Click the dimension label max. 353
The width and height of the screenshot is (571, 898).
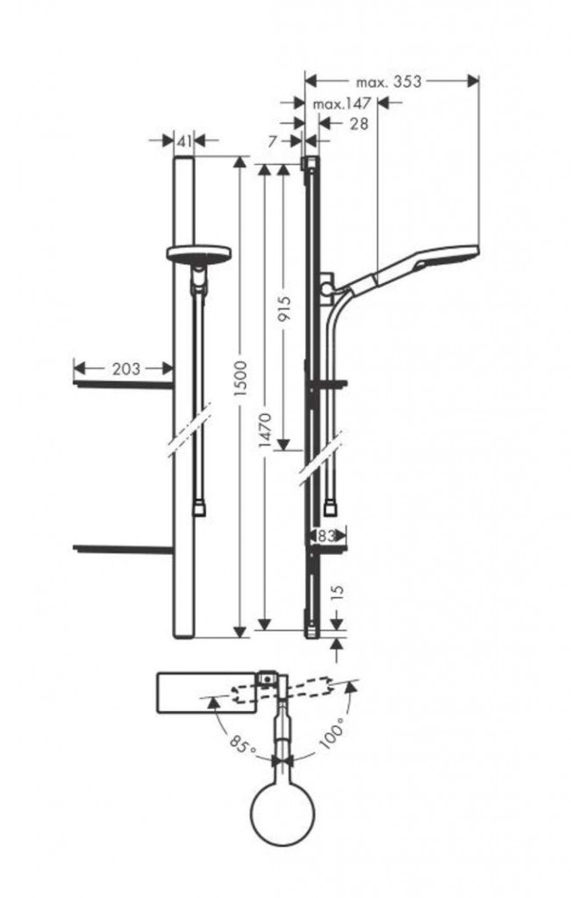pos(389,82)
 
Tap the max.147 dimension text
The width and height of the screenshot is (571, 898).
pos(342,103)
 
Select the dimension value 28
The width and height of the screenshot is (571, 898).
pos(358,123)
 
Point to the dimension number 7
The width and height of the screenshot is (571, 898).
pos(273,141)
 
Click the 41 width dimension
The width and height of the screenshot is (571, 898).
pos(183,141)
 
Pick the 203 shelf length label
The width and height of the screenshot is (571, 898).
pos(125,369)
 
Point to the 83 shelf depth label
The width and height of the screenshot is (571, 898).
pos(326,536)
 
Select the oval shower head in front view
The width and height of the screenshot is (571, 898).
pos(198,253)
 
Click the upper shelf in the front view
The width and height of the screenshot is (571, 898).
pos(123,383)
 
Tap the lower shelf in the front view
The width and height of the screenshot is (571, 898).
pos(123,550)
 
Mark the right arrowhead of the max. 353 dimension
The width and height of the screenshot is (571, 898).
pos(474,82)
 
